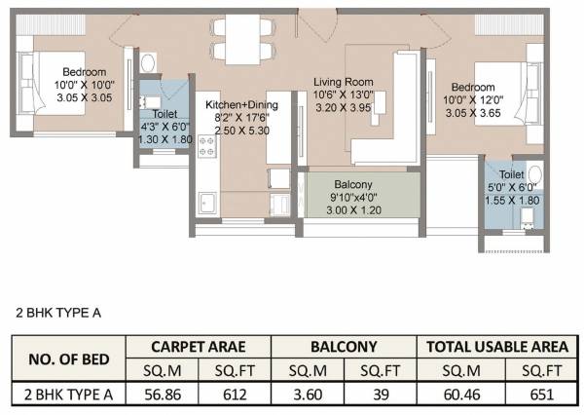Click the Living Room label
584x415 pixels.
coord(344,82)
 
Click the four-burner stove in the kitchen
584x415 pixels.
coord(207,147)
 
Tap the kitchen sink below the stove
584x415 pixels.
coord(207,203)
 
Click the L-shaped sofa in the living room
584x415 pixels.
coord(389,117)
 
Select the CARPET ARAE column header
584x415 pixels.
coord(198,345)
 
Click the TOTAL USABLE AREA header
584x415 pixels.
coord(493,345)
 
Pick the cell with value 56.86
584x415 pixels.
coord(162,396)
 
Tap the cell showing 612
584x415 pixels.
coord(236,396)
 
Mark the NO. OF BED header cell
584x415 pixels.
coord(67,358)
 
